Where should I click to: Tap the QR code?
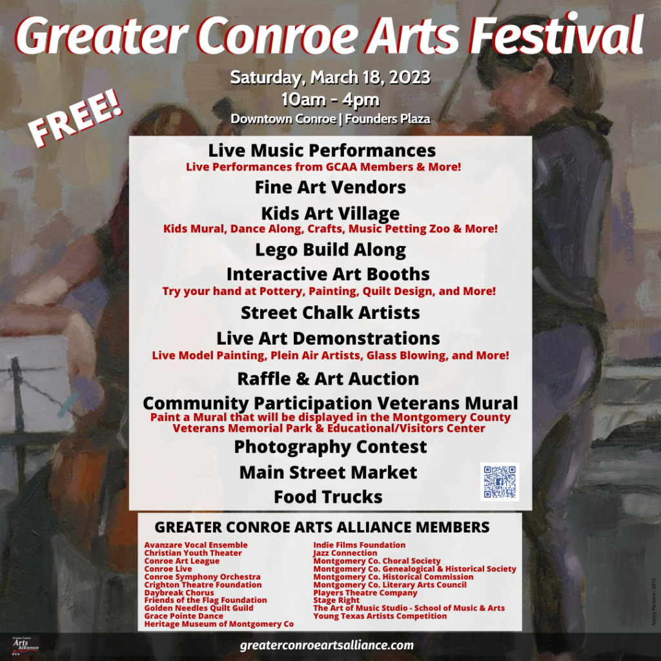[500, 482]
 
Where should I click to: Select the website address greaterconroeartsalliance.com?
[327, 646]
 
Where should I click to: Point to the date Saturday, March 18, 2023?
[330, 77]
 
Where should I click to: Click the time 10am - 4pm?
[330, 100]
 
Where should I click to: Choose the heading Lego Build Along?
[330, 250]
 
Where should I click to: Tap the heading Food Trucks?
[328, 496]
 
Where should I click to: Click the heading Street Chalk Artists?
[330, 313]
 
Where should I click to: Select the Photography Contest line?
[330, 447]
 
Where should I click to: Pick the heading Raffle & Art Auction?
[328, 378]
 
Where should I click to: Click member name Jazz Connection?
[345, 553]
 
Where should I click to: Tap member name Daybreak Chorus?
[179, 593]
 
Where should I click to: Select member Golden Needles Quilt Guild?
[199, 608]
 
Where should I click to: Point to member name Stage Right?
[336, 600]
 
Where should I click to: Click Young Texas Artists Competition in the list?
[380, 616]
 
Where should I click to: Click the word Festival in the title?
[556, 35]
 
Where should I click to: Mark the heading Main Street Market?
[328, 472]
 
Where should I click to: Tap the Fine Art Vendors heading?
[330, 187]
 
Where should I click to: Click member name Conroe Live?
[168, 569]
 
